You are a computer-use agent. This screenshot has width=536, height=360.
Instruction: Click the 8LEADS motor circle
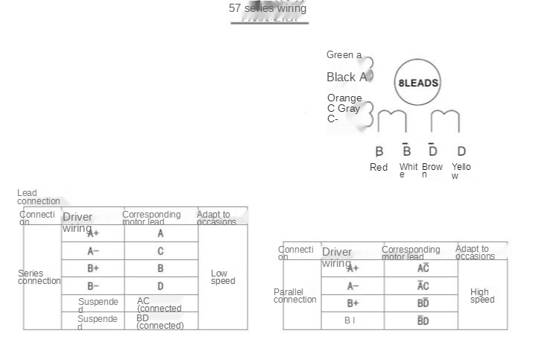click(417, 83)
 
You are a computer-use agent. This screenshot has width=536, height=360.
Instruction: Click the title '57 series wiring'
click(268, 9)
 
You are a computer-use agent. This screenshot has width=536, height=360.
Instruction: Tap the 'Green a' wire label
click(344, 55)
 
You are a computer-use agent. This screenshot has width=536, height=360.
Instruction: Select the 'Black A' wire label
click(347, 77)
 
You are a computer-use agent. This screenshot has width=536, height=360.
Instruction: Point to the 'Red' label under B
click(379, 168)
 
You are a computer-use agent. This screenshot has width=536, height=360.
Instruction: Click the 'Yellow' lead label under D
click(461, 171)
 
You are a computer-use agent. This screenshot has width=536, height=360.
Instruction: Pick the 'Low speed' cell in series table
click(222, 277)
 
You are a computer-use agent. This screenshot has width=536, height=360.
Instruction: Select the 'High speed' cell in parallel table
click(482, 296)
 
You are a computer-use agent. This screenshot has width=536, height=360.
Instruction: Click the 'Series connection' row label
click(40, 277)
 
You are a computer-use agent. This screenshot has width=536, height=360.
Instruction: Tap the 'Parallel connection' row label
click(294, 296)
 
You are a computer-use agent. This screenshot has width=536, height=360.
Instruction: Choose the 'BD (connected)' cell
click(160, 322)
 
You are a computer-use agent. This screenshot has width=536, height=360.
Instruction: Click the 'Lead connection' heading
click(39, 197)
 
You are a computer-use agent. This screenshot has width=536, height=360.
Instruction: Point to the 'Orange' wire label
click(344, 98)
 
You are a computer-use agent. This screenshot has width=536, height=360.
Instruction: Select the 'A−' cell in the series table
click(93, 251)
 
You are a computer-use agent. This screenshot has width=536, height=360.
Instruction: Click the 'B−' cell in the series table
click(93, 286)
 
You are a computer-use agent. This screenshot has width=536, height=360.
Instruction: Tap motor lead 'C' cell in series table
click(160, 251)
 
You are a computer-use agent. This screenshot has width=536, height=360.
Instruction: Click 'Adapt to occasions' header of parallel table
click(475, 253)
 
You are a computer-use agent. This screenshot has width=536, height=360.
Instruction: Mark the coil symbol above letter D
click(445, 121)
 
